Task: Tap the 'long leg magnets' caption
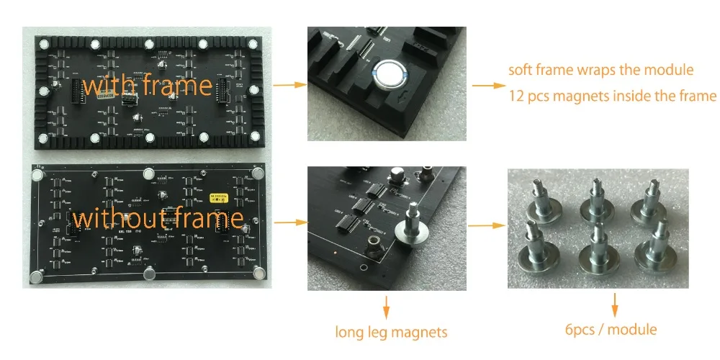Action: pyautogui.click(x=391, y=332)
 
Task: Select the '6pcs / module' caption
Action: pyautogui.click(x=611, y=329)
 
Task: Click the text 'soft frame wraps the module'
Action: pyautogui.click(x=600, y=71)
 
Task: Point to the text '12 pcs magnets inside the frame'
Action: pyautogui.click(x=612, y=96)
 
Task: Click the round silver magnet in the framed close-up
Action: pyautogui.click(x=389, y=73)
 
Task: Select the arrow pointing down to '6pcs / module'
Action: pyautogui.click(x=614, y=304)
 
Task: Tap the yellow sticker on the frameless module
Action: pyautogui.click(x=217, y=196)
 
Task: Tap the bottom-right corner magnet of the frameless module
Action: pyautogui.click(x=258, y=274)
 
